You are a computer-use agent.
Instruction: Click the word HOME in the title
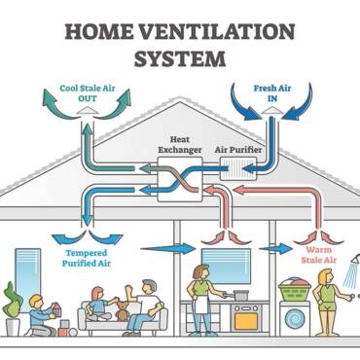tap(105, 29)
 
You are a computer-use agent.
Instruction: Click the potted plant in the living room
tap(12, 309)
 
